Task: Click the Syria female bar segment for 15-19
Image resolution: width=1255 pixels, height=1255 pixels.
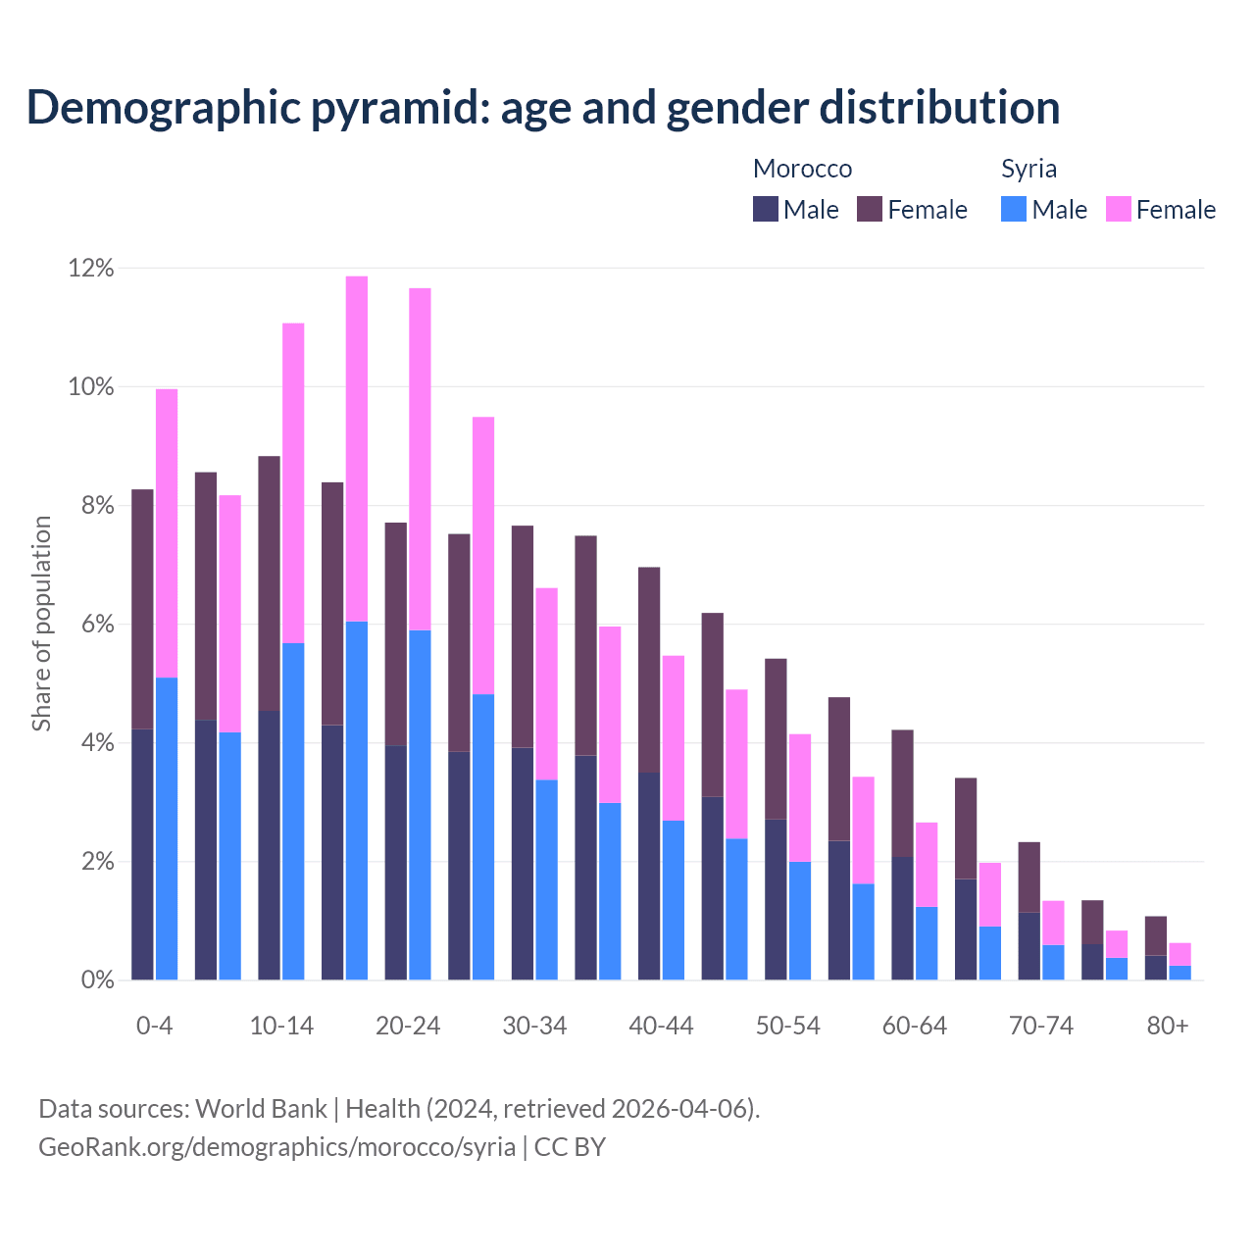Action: click(357, 449)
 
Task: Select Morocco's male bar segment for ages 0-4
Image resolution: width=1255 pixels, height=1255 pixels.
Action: click(142, 854)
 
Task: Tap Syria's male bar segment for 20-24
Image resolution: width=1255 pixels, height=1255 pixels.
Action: click(420, 805)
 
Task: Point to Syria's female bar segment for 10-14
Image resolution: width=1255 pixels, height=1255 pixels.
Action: click(293, 483)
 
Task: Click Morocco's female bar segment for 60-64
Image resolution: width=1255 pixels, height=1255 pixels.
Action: click(902, 793)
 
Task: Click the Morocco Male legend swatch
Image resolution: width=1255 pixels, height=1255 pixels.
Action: click(766, 209)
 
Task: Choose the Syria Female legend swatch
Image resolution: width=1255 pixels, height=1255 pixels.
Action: click(1119, 209)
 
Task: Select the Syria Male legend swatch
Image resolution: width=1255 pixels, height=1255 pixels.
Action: click(1014, 209)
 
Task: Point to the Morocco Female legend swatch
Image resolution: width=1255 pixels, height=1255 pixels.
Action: click(870, 209)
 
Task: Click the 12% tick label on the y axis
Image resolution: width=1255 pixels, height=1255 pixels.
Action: click(91, 268)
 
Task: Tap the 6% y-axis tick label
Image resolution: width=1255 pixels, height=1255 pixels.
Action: click(96, 625)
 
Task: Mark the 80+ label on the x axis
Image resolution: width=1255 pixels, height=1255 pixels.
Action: click(1168, 1026)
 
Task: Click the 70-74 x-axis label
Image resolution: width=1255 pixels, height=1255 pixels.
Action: click(1041, 1026)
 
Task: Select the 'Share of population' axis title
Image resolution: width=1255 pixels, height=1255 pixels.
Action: click(42, 624)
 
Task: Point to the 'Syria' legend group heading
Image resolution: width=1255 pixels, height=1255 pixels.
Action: click(1029, 169)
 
